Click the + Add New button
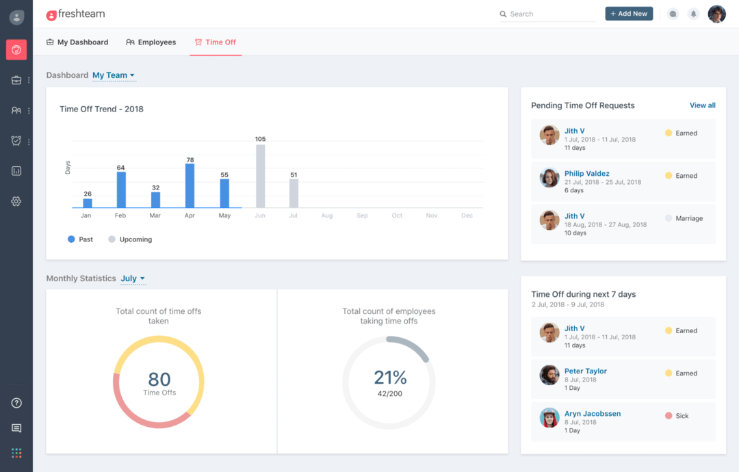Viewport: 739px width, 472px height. pyautogui.click(x=629, y=14)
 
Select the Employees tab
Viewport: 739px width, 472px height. pyautogui.click(x=151, y=42)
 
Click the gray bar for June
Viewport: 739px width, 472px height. pyautogui.click(x=261, y=176)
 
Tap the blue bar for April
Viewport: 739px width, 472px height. pyautogui.click(x=190, y=185)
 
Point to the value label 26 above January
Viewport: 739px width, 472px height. pyautogui.click(x=87, y=194)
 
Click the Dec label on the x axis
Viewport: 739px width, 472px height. pyautogui.click(x=467, y=215)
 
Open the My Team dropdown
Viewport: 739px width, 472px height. pyautogui.click(x=114, y=75)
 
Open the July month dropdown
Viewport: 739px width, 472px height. pyautogui.click(x=133, y=278)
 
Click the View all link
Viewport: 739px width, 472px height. pyautogui.click(x=702, y=105)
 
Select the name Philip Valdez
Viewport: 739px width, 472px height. pyautogui.click(x=586, y=174)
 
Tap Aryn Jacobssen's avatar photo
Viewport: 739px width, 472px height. pyautogui.click(x=549, y=418)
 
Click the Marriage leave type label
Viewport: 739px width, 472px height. pyautogui.click(x=688, y=218)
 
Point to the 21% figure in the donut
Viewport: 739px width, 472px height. pyautogui.click(x=390, y=378)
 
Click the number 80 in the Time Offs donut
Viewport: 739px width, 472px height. pyautogui.click(x=159, y=379)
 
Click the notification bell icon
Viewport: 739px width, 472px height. pyautogui.click(x=693, y=14)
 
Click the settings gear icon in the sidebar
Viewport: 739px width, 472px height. pyautogui.click(x=16, y=201)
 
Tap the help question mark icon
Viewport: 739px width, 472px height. pyautogui.click(x=16, y=403)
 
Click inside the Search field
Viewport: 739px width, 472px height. pyautogui.click(x=551, y=14)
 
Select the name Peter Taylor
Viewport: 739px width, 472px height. pyautogui.click(x=585, y=371)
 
